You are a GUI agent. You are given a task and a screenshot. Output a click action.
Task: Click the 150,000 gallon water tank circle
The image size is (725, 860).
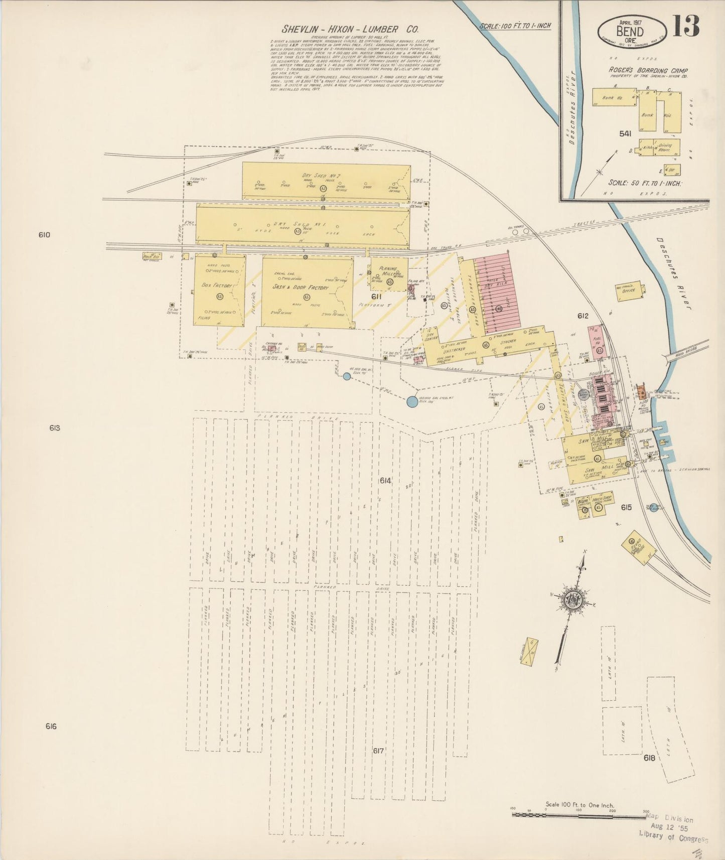(x=411, y=401)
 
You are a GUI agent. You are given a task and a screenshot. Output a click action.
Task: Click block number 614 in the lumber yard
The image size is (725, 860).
(x=385, y=481)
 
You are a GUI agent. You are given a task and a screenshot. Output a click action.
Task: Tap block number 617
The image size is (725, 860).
(x=378, y=751)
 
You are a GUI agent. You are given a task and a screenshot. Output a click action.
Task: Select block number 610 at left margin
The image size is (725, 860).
(x=44, y=234)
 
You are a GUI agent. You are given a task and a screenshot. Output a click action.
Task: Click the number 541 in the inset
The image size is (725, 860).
(x=625, y=133)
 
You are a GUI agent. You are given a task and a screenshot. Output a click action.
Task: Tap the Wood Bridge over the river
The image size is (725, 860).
(x=686, y=350)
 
